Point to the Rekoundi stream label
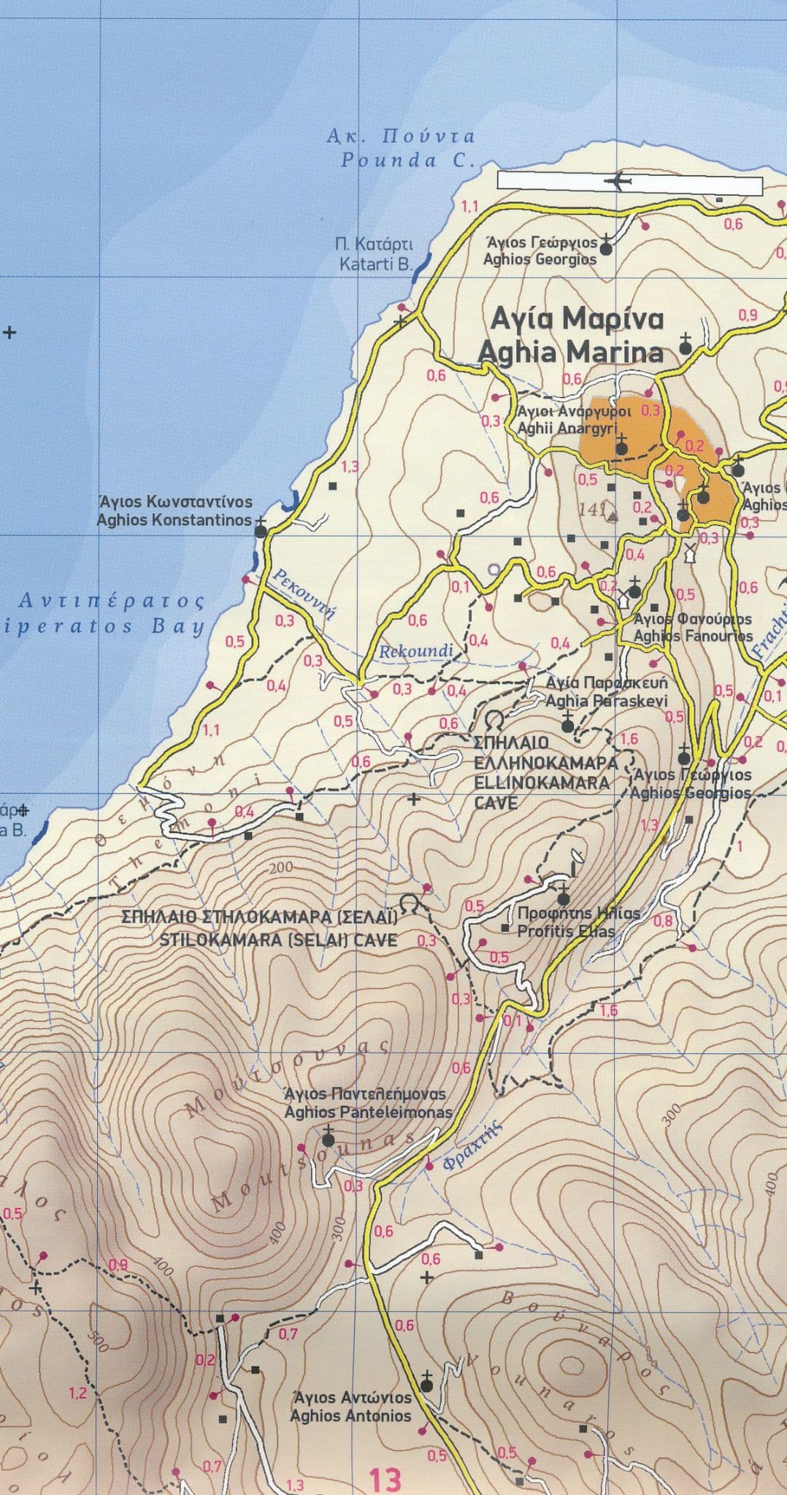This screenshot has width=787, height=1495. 416,650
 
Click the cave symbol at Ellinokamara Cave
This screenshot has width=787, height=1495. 494,718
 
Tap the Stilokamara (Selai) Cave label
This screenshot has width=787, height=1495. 260,929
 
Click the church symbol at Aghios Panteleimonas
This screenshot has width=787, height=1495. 329,1137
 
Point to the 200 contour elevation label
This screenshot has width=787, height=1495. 280,867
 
